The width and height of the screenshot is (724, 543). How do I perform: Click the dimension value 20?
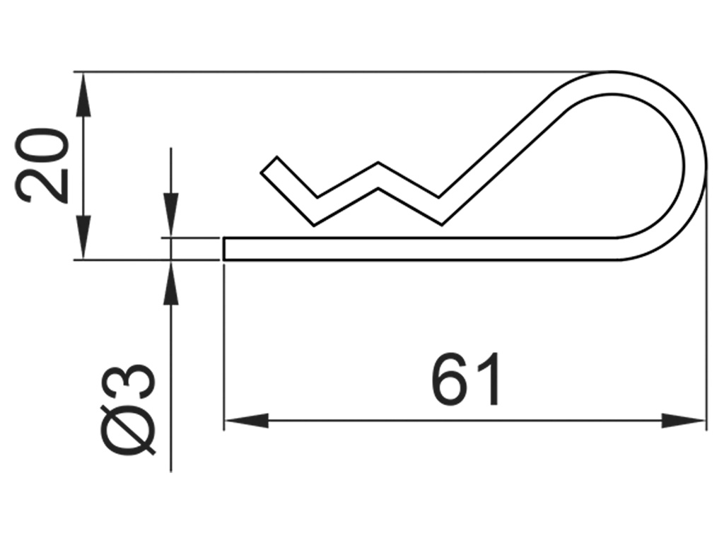[x=44, y=166]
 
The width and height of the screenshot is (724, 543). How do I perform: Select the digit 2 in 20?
[x=44, y=186]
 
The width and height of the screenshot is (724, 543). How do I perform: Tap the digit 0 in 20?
[x=44, y=147]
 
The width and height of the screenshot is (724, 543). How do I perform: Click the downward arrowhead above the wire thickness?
[x=170, y=216]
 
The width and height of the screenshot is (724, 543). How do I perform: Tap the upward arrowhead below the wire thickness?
[x=170, y=283]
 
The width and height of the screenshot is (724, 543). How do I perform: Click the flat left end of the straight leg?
[x=225, y=249]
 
